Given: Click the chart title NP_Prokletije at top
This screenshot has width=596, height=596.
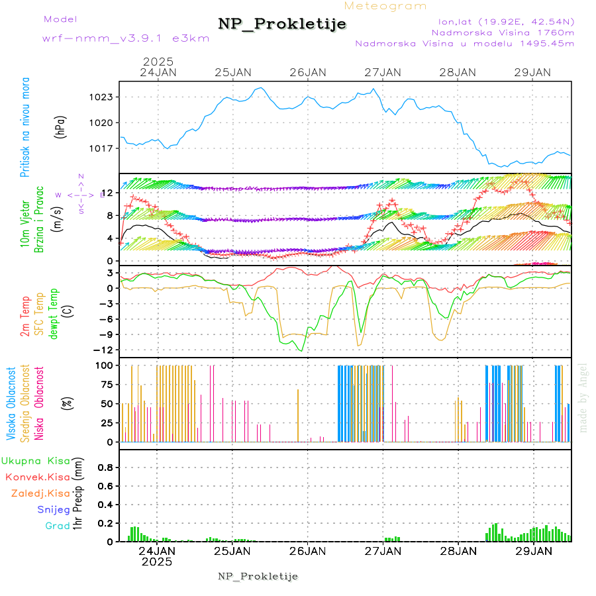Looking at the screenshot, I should tap(282, 24).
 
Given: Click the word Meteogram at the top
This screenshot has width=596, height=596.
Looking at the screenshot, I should tap(385, 6).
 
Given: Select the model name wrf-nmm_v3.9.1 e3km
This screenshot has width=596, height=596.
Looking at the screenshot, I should tap(126, 38).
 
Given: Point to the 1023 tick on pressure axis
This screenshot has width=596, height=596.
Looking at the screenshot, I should tap(102, 97).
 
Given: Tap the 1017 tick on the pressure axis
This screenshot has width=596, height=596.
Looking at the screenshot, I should tap(102, 148).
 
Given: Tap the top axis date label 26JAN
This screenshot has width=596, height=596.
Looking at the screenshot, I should tap(308, 72).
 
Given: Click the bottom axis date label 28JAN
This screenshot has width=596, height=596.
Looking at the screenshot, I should tap(458, 551).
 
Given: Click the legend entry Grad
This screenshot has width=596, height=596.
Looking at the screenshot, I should tap(57, 526).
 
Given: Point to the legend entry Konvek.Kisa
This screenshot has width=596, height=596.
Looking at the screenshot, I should tap(37, 477).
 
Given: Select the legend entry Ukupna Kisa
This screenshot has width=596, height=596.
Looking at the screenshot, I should tap(35, 460).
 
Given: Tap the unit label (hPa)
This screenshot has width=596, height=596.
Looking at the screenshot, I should tap(61, 127).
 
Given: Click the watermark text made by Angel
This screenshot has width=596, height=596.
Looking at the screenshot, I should tap(583, 397).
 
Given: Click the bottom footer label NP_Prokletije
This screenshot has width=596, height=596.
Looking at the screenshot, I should tap(258, 576).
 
